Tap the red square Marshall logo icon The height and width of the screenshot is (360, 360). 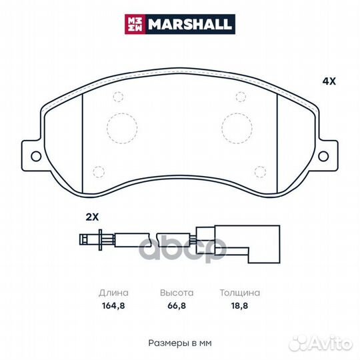click(135, 25)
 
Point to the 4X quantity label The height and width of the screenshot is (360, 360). click(329, 81)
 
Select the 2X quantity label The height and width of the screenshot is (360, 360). click(91, 217)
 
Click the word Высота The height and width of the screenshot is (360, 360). click(176, 293)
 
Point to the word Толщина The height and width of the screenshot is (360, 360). click(239, 293)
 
